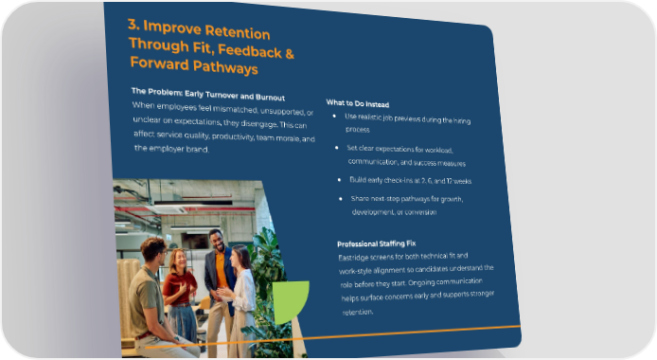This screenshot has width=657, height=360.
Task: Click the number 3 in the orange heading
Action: [133, 25]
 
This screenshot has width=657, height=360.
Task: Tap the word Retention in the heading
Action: [238, 32]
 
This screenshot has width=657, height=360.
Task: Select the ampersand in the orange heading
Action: [290, 54]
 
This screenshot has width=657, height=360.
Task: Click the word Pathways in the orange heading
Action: [225, 67]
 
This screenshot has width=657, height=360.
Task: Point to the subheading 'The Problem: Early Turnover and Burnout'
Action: [208, 95]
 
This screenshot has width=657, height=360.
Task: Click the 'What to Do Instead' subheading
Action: [358, 103]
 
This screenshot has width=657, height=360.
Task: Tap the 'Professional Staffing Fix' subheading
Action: [376, 243]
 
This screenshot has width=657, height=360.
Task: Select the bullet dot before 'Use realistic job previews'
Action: [334, 116]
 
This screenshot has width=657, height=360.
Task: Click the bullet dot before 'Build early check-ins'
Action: [340, 180]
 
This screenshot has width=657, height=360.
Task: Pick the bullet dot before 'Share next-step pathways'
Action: [341, 199]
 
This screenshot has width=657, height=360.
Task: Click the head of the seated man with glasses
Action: [153, 251]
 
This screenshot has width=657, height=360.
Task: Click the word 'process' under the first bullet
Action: [358, 130]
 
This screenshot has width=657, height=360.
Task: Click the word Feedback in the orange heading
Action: [250, 51]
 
